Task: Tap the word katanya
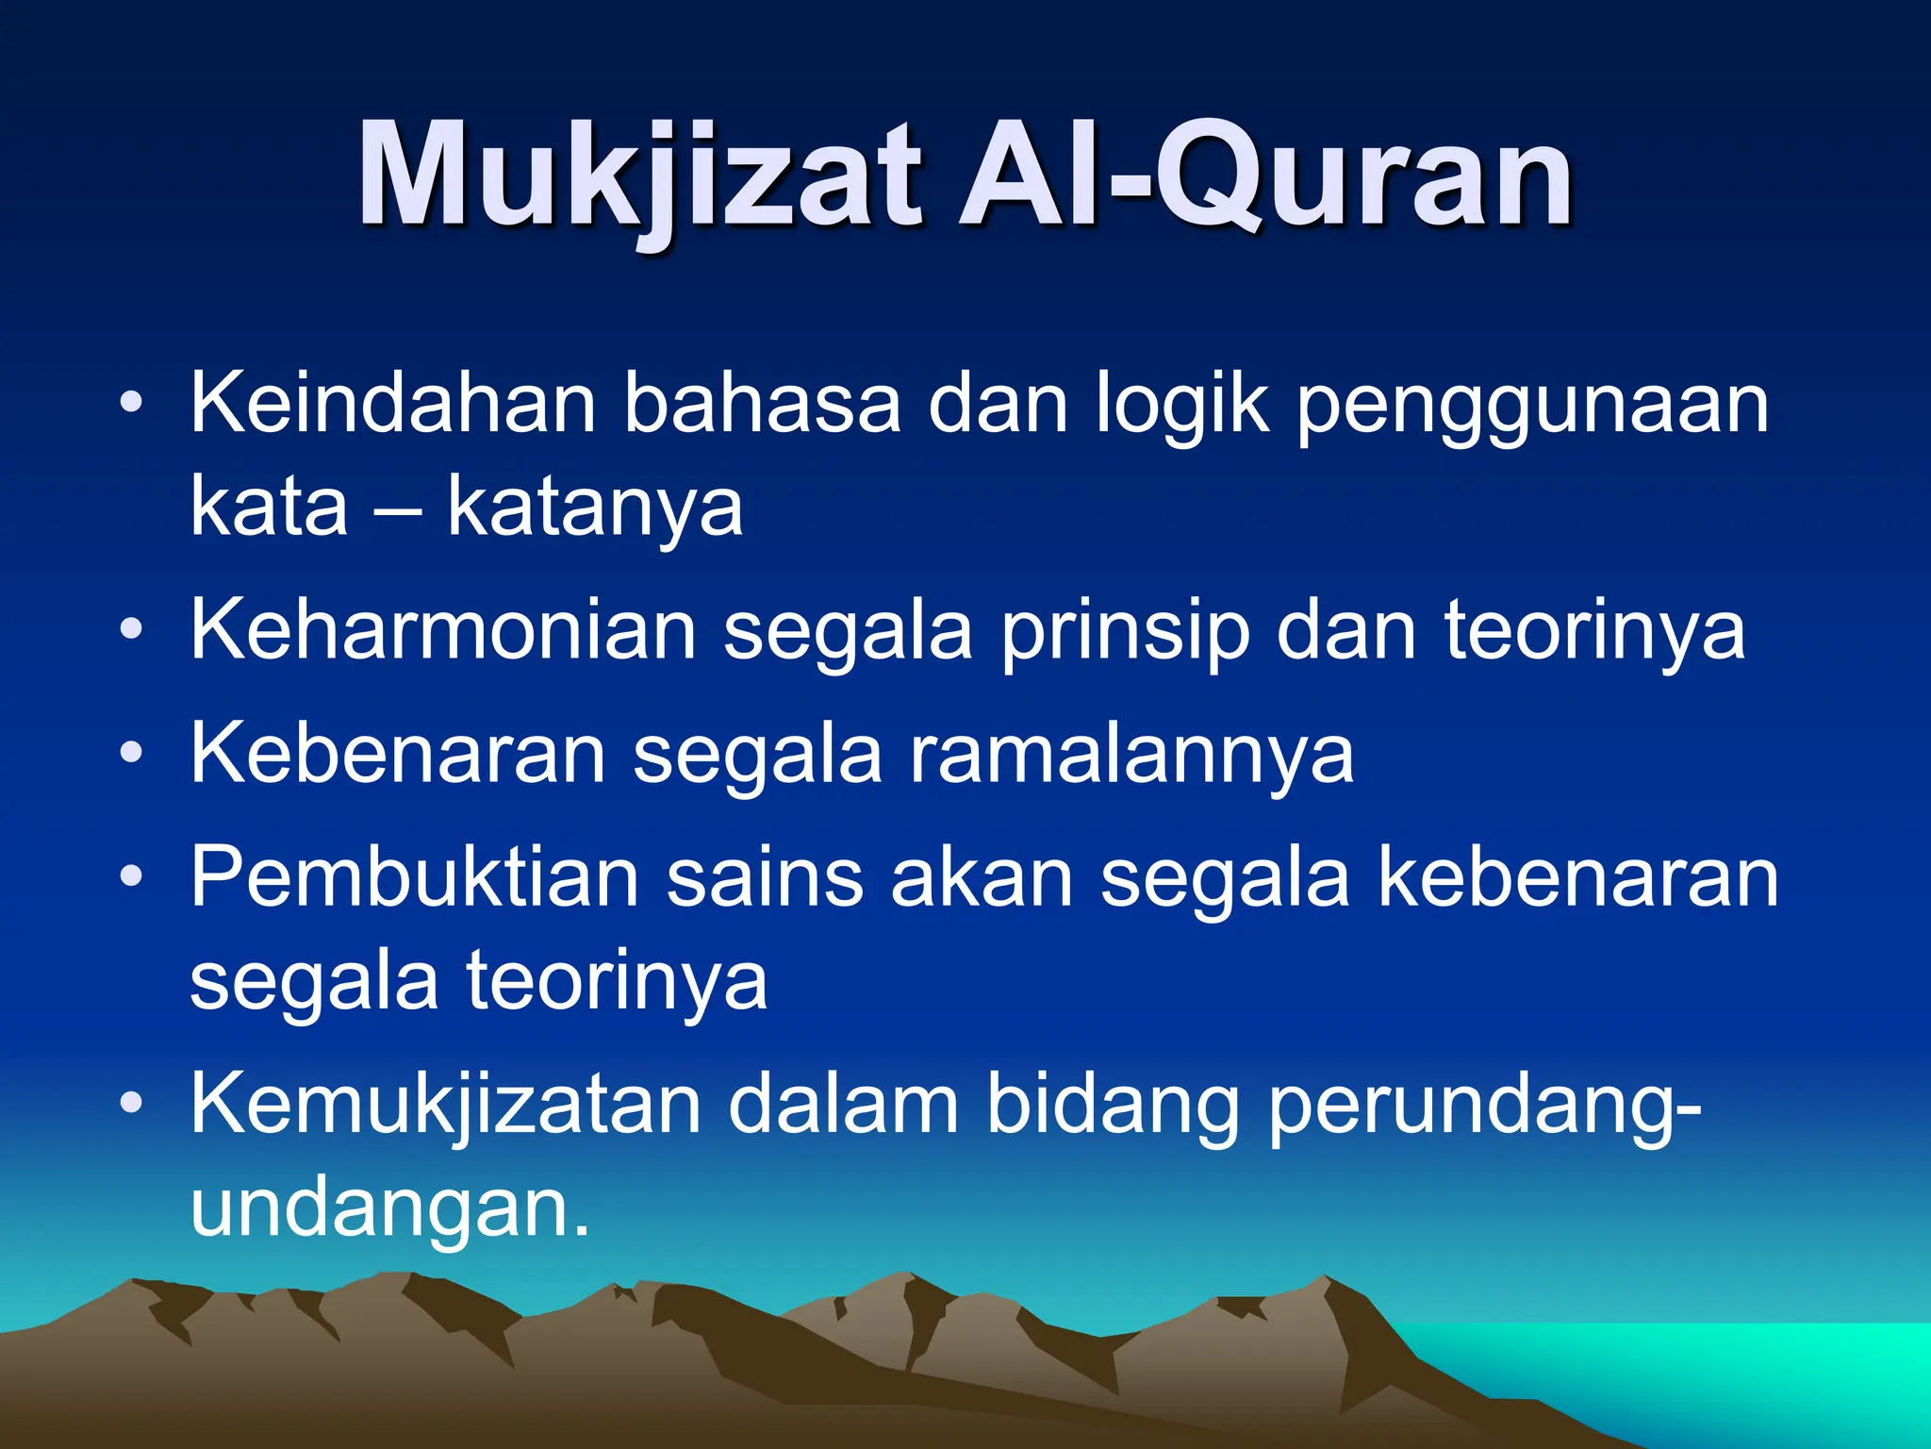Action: point(595,509)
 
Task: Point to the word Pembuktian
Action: point(414,877)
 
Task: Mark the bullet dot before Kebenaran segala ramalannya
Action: point(132,753)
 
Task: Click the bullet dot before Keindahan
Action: point(132,404)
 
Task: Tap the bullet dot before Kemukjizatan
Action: point(132,1102)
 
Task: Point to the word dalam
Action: point(843,1104)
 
